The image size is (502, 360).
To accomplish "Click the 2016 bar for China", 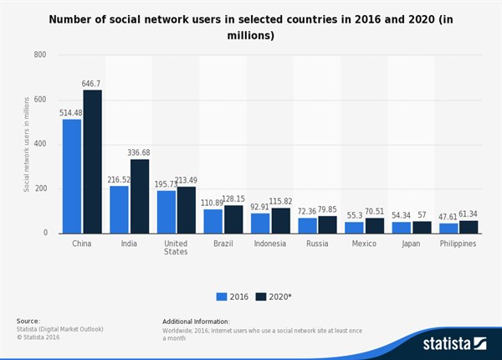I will tap(72, 176).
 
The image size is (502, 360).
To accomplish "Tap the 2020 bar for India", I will tap(140, 196).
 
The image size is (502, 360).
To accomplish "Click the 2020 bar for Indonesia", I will tap(282, 220).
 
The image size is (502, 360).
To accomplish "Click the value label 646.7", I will tap(92, 84).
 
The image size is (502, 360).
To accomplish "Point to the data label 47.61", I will tap(450, 216).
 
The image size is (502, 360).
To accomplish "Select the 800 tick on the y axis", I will tap(39, 55).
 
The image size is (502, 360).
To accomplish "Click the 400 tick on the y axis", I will tap(39, 144).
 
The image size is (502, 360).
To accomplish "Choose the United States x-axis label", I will tap(177, 247).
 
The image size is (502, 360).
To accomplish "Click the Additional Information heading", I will tap(196, 321).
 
